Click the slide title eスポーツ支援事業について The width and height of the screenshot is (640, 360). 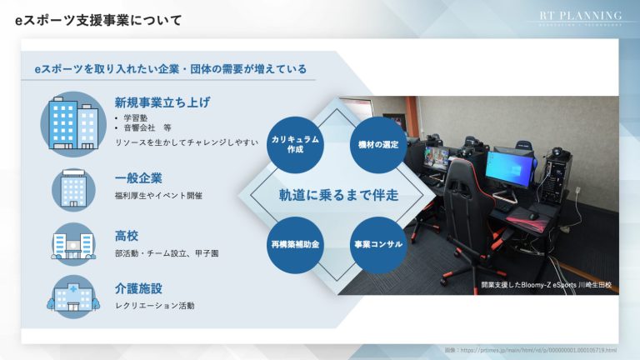click(x=99, y=20)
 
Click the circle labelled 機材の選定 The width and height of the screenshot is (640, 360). click(x=377, y=143)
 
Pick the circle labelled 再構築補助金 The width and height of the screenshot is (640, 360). click(x=294, y=245)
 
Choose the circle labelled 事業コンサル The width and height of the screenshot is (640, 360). click(x=377, y=245)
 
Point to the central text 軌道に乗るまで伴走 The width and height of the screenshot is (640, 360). click(x=338, y=195)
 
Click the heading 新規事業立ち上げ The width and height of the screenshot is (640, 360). click(x=162, y=102)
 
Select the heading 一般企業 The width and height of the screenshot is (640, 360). click(x=138, y=177)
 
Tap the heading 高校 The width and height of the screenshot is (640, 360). click(x=127, y=234)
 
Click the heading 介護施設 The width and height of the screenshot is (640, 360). click(x=138, y=288)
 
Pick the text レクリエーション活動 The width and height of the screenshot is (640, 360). click(x=154, y=306)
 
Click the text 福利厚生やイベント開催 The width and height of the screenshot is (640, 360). click(x=158, y=196)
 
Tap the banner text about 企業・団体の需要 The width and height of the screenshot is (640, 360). click(x=169, y=68)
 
